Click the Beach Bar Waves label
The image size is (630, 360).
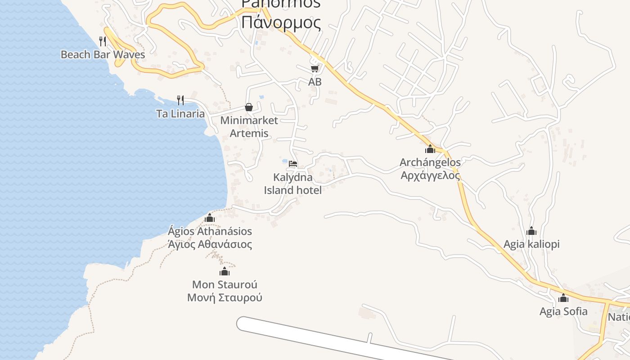click(103, 54)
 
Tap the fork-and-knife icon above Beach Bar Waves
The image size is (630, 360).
click(103, 41)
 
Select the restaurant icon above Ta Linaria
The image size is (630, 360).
click(180, 100)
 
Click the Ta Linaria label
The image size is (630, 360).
click(180, 113)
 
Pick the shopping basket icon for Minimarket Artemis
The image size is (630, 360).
click(249, 107)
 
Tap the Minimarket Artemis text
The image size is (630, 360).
click(249, 127)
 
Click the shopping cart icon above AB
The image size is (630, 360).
click(315, 68)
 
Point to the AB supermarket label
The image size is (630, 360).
click(315, 82)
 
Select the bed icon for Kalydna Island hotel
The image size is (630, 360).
click(293, 164)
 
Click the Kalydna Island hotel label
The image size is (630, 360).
click(292, 184)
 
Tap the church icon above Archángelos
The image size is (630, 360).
click(430, 148)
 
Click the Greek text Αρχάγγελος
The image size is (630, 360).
click(431, 175)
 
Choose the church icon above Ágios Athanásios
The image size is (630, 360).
click(210, 218)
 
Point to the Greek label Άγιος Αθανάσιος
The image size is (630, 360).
click(210, 244)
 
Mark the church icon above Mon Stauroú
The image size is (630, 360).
click(225, 271)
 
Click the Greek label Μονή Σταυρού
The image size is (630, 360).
click(225, 297)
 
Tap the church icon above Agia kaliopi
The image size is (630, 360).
click(531, 231)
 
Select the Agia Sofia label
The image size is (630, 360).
click(563, 311)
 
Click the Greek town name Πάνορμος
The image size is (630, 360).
click(281, 22)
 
